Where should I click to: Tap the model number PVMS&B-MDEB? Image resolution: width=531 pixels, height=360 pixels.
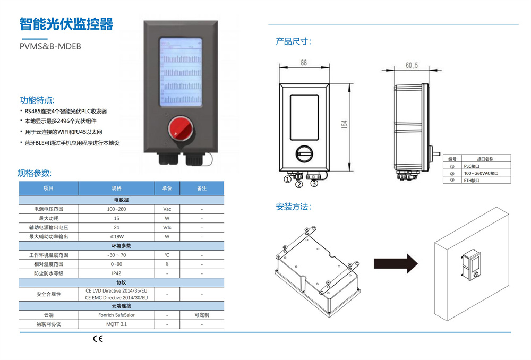(x=50, y=46)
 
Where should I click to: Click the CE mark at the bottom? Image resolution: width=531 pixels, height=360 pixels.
(x=98, y=339)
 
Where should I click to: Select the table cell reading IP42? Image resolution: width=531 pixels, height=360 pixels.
(x=116, y=273)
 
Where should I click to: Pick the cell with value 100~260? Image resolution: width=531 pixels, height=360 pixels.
(x=116, y=209)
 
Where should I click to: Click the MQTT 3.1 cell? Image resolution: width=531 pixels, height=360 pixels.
(x=116, y=324)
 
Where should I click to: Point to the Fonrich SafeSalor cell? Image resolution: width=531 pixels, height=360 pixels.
(x=116, y=315)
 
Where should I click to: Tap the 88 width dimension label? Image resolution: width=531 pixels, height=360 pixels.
(x=304, y=63)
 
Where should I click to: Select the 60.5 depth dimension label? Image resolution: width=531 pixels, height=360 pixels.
(x=412, y=66)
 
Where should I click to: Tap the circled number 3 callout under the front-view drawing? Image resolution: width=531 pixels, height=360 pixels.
(x=314, y=183)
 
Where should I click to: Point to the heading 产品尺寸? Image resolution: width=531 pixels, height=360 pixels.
(x=293, y=41)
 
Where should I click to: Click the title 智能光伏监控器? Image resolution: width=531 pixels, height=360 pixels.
(x=66, y=24)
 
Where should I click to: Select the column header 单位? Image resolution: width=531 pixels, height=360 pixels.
(x=167, y=188)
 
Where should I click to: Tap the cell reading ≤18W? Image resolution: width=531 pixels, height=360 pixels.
(x=116, y=236)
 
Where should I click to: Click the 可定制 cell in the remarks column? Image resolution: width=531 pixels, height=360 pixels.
(x=202, y=315)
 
